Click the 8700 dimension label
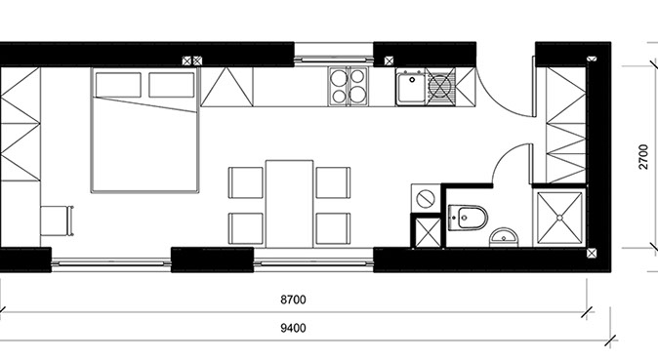point(293,300)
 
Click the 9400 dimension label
point(293,328)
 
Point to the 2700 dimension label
point(643,156)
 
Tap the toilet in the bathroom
point(468,218)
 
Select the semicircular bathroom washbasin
point(504,237)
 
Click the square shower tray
point(559,218)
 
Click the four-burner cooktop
point(349,86)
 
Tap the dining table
point(290,204)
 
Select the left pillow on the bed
point(118,85)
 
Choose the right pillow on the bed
point(172,85)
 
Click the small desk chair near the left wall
point(57,220)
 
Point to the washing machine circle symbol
point(425,197)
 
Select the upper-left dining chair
point(246,182)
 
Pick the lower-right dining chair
point(333,228)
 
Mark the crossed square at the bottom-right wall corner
point(592,253)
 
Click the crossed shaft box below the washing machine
point(428,233)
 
